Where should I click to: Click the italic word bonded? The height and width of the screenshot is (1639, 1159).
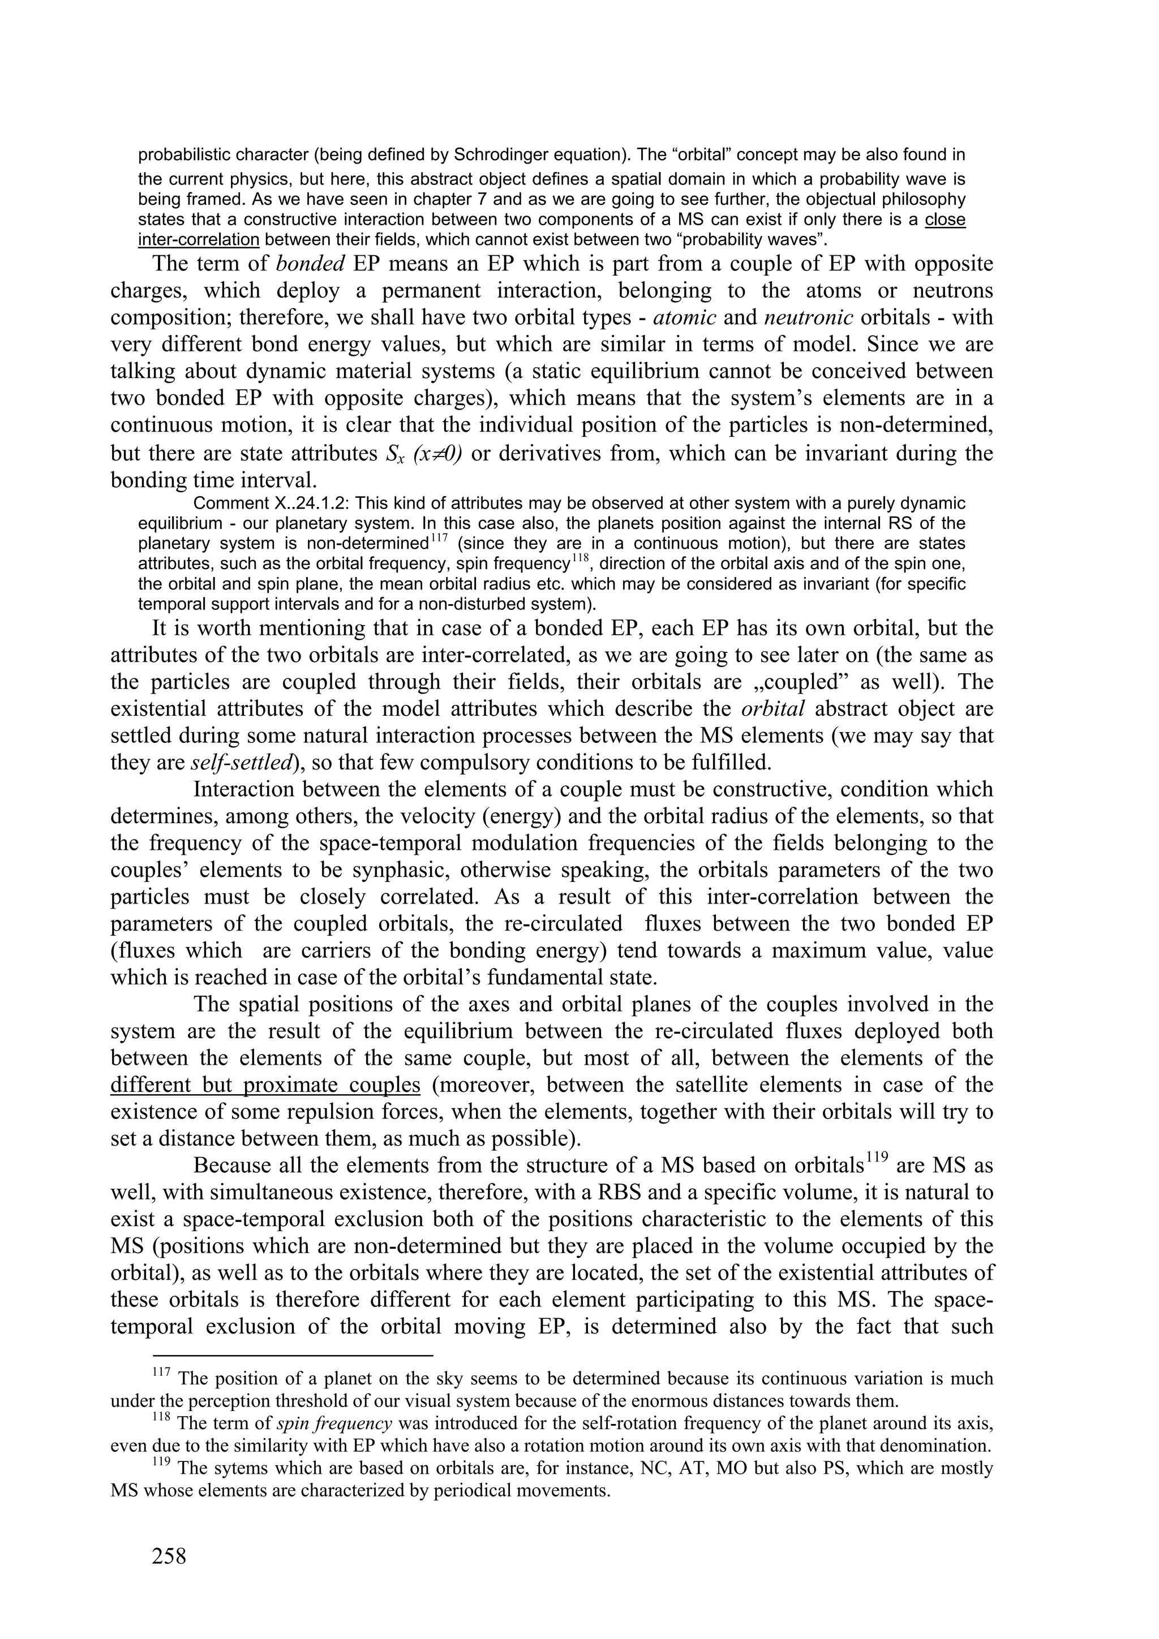311,264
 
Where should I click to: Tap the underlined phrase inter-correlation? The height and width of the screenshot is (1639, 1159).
198,238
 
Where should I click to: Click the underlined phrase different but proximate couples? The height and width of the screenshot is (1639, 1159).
265,1085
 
